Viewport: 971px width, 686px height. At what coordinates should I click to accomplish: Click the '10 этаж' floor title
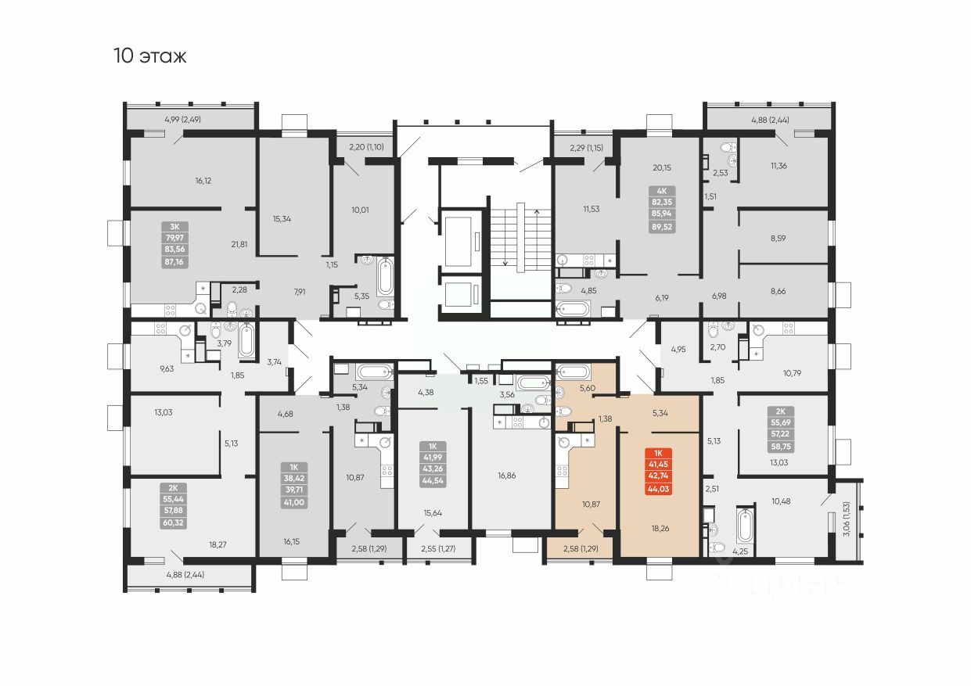tap(150, 56)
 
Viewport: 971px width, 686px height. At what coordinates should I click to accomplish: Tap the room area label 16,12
tap(203, 181)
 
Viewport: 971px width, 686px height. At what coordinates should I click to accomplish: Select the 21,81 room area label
tap(239, 244)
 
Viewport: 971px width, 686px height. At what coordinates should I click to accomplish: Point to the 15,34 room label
tap(282, 218)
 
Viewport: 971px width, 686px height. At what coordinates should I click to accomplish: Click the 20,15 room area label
tap(662, 167)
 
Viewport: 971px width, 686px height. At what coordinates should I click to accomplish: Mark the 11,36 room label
tap(779, 165)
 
